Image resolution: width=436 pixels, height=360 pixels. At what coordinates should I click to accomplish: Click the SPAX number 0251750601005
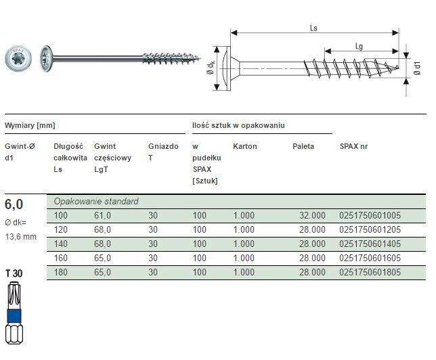click(370, 215)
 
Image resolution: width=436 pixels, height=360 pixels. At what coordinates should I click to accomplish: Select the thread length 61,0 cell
click(102, 215)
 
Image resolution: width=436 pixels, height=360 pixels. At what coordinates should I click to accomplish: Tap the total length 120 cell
click(61, 229)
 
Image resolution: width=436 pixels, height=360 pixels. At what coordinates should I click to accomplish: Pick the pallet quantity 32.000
click(312, 215)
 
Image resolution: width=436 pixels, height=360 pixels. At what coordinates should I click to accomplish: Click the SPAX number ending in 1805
click(370, 272)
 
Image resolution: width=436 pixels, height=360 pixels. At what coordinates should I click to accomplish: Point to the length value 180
click(61, 272)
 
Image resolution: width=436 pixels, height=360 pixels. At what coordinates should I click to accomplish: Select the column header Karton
click(245, 146)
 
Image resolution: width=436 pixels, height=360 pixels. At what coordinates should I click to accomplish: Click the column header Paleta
click(303, 146)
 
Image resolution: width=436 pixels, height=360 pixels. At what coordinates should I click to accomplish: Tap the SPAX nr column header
click(353, 146)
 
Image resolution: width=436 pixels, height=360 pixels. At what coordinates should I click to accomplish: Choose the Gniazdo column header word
click(163, 146)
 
